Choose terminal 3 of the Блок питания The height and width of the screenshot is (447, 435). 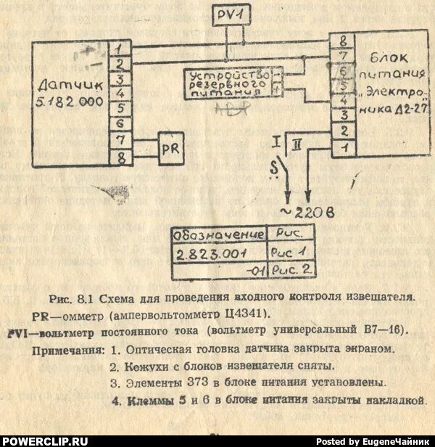(x=342, y=116)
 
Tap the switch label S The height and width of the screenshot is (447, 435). (x=273, y=170)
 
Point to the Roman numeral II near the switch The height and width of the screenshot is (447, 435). (x=297, y=145)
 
